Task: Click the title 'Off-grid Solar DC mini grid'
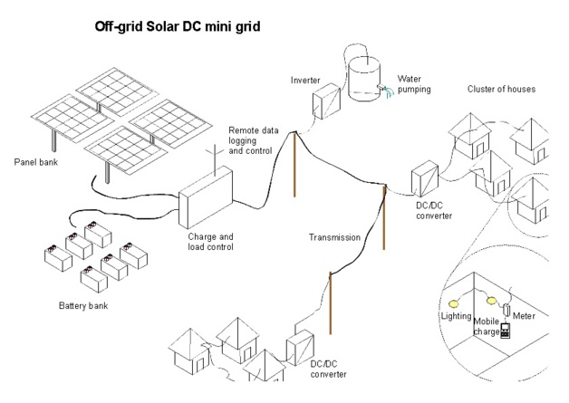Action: (x=178, y=26)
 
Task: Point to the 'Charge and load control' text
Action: (x=210, y=242)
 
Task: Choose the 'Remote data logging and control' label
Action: (x=256, y=141)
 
